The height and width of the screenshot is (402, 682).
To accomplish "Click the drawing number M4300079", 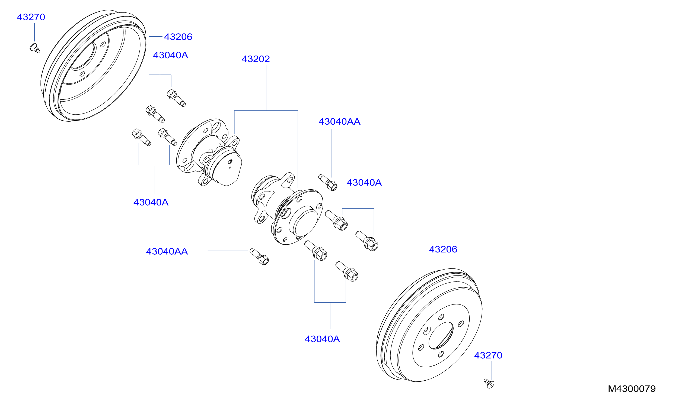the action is [632, 389].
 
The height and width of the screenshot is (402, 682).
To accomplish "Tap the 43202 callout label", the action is [256, 59].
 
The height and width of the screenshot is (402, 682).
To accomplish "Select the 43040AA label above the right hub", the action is [339, 122].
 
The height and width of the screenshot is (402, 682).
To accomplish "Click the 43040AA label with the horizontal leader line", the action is [167, 251].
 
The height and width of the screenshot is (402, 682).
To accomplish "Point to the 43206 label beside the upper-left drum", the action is [178, 37].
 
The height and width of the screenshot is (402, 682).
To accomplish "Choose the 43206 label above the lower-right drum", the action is [443, 249].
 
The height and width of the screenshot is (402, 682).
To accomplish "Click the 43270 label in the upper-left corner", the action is [31, 17].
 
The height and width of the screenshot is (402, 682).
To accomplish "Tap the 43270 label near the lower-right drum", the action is [488, 355].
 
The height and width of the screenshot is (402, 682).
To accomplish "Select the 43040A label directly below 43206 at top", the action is [170, 55].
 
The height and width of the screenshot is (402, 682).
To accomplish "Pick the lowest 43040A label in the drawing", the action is [322, 339].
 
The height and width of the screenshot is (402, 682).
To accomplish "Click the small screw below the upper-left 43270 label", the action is [35, 48].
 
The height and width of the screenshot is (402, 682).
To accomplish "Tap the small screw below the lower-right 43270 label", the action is [489, 383].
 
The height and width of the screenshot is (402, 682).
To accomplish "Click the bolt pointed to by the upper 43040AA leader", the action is [328, 183].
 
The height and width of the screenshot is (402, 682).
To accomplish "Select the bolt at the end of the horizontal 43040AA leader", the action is [259, 257].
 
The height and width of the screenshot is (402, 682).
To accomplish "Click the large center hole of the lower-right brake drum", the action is [441, 336].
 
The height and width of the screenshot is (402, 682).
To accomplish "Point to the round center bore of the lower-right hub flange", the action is [303, 221].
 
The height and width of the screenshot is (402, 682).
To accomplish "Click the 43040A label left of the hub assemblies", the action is [151, 202].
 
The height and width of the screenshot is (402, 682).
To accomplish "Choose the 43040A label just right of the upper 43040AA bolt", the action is [364, 183].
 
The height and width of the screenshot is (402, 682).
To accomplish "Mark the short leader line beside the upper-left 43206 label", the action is [155, 37].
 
